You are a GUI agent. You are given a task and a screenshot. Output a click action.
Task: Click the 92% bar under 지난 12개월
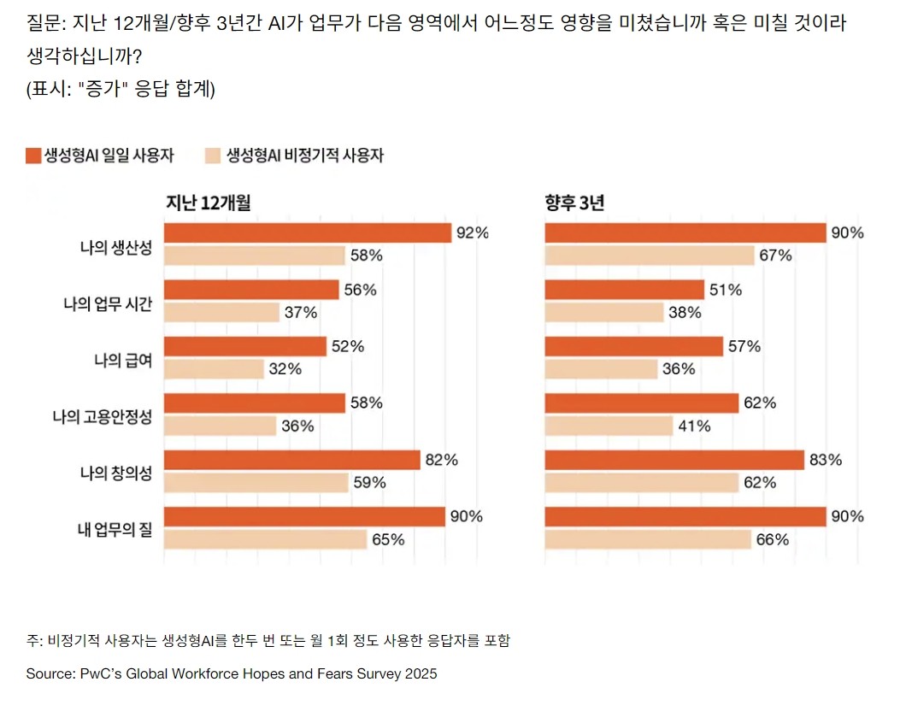coord(308,232)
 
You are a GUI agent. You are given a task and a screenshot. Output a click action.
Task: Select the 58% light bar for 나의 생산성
coord(255,255)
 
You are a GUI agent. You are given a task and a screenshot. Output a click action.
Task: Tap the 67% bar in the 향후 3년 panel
coord(650,255)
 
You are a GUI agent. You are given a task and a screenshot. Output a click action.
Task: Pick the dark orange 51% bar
coord(624,290)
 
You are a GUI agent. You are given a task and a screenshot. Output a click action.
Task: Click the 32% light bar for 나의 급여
coord(214,369)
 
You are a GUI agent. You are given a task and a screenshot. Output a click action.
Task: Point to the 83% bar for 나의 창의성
coord(674,460)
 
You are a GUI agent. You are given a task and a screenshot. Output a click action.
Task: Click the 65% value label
coord(388,539)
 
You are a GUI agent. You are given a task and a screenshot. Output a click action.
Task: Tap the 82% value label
coord(441,460)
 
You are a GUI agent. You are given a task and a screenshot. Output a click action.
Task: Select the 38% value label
coord(685,313)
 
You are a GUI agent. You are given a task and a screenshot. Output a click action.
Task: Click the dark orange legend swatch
coord(33,155)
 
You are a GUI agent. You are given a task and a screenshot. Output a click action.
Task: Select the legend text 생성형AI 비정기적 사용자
coord(305,156)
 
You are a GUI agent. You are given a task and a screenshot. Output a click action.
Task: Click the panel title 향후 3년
coord(575,203)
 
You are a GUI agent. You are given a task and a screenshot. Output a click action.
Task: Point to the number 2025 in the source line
coord(421,674)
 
